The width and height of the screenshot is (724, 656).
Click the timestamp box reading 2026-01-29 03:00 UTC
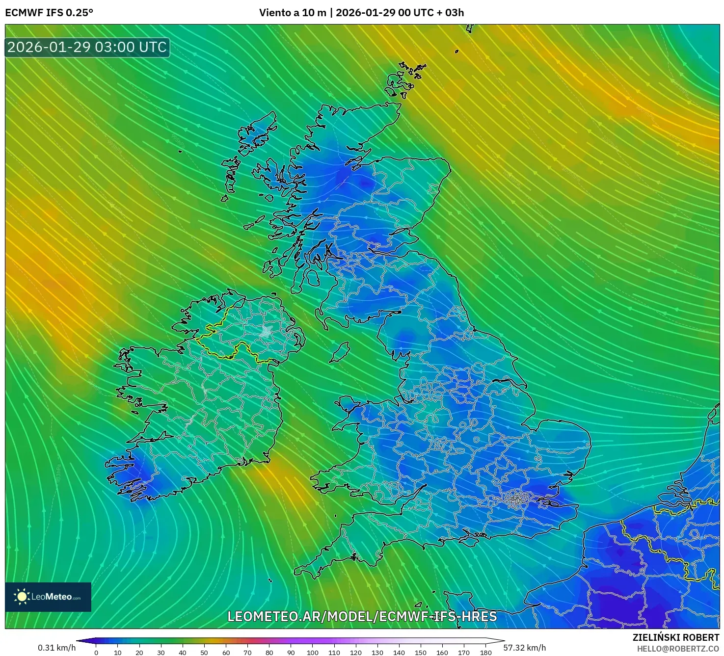(87, 47)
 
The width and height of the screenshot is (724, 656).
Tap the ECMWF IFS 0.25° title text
(49, 13)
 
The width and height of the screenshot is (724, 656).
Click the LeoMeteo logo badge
(48, 597)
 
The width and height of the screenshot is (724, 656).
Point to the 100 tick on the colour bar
(313, 652)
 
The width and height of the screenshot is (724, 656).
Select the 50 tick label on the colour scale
(204, 652)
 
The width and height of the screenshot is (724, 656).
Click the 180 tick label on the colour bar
(485, 652)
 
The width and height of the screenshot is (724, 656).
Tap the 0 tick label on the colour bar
(96, 652)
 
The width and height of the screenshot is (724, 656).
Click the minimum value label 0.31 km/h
(57, 648)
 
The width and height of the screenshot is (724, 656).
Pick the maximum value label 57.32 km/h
(525, 648)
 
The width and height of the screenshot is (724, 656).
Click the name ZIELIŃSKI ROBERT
(676, 637)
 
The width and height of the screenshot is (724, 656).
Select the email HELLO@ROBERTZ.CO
(678, 649)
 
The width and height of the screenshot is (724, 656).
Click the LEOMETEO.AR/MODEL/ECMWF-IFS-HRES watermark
(362, 617)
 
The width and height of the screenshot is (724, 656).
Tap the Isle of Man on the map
(339, 352)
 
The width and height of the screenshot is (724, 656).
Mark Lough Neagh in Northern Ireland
(267, 331)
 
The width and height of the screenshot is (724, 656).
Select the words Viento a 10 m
(293, 13)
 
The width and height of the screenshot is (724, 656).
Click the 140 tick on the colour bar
(399, 652)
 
